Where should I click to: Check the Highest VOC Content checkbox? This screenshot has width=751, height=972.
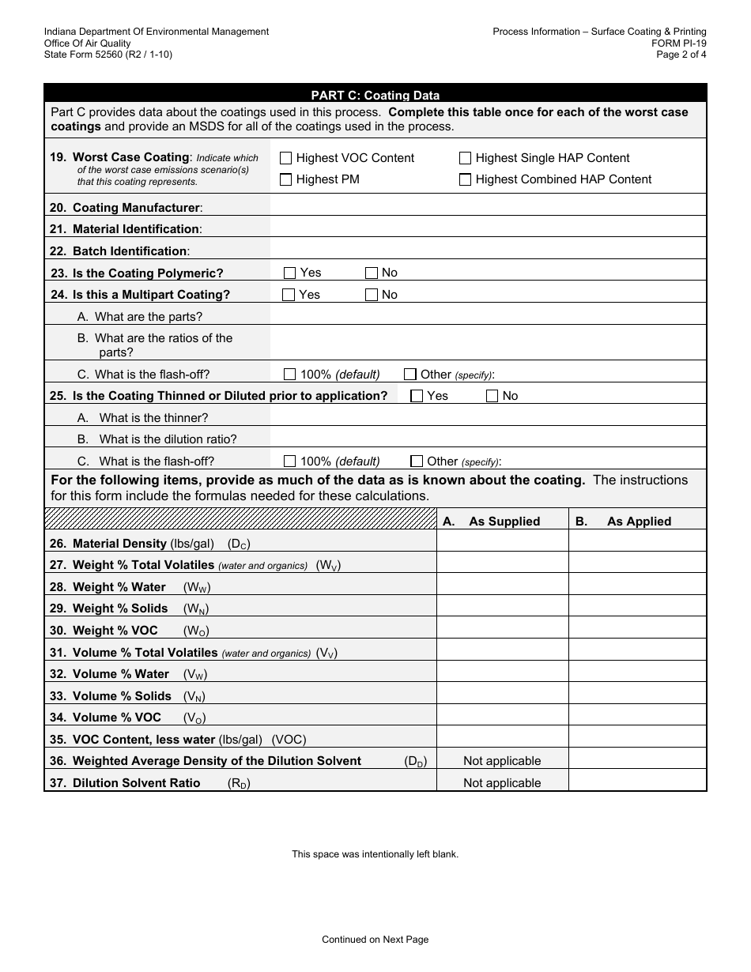pos(286,158)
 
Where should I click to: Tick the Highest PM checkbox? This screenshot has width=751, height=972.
pos(286,179)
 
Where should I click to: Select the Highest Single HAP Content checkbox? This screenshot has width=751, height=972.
pos(466,158)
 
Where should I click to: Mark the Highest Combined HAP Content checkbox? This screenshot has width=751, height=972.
pos(466,179)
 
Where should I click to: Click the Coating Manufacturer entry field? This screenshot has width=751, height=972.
pos(488,207)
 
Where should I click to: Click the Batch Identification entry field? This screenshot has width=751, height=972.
pos(488,251)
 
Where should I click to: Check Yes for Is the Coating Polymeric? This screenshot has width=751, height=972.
pos(289,273)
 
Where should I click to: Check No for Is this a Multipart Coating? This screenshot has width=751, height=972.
pos(372,295)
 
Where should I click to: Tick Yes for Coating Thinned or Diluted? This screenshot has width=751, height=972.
pos(417,396)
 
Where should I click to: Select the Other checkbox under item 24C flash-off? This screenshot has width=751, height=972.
pos(410,375)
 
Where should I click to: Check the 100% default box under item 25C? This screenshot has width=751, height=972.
pos(289,462)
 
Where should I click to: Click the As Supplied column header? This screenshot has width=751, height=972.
pos(504,522)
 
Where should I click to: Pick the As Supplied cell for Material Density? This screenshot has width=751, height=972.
pos(502,544)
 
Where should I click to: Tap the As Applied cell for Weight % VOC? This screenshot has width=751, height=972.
pos(637,631)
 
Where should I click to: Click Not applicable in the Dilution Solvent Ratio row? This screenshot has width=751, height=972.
pos(502,782)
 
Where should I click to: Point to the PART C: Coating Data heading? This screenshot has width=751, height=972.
pos(375,96)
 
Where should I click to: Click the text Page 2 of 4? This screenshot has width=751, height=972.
pos(681,55)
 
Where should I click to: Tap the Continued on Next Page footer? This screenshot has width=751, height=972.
pos(375,940)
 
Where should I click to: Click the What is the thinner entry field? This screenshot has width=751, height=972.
pos(488,417)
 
